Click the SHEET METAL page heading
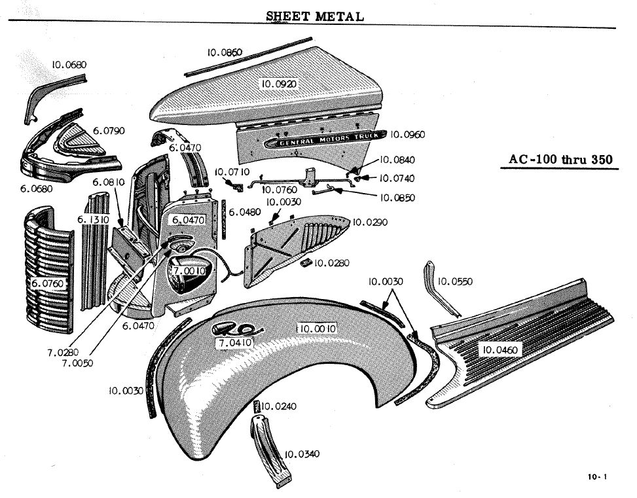point(315,16)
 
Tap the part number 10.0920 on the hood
point(280,84)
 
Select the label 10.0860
point(225,52)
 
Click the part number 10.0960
point(407,135)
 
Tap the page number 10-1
point(597,477)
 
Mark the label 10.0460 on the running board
point(500,350)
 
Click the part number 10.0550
point(456,281)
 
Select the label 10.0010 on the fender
point(317,328)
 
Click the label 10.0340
point(302,454)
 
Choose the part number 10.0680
point(69,65)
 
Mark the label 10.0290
point(370,222)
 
